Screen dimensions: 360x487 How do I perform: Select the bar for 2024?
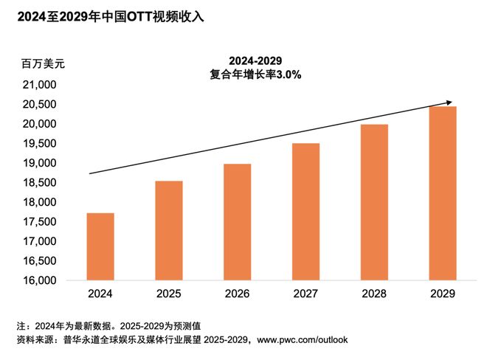pyautogui.click(x=100, y=246)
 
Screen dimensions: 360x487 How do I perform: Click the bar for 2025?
pyautogui.click(x=169, y=230)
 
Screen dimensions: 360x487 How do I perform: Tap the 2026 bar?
pyautogui.click(x=238, y=221)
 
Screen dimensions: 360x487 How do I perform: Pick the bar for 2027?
pyautogui.click(x=306, y=212)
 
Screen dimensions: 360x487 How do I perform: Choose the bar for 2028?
pyautogui.click(x=375, y=202)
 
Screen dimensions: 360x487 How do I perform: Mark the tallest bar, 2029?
pyautogui.click(x=443, y=193)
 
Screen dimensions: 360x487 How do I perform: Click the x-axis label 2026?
pyautogui.click(x=238, y=294)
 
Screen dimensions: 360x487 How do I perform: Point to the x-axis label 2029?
pyautogui.click(x=443, y=294)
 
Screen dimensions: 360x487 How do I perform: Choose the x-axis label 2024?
pyautogui.click(x=100, y=294)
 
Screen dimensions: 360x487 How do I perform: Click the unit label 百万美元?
pyautogui.click(x=43, y=64)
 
